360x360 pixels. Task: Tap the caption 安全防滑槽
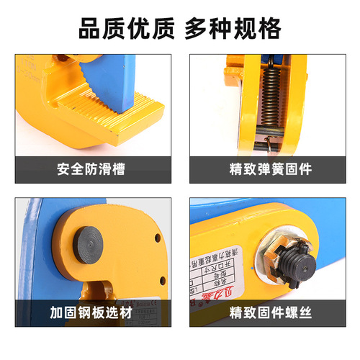coord(90,171)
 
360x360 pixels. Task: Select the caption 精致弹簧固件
coord(270,171)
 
